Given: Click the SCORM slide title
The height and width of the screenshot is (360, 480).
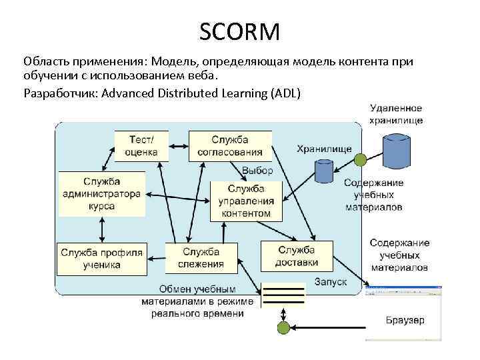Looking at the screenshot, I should [x=240, y=31].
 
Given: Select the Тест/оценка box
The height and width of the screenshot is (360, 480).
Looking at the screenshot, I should [x=141, y=145].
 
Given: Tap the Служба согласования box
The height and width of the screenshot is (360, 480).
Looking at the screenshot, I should [x=230, y=145].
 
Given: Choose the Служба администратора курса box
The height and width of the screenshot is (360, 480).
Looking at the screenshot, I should [x=101, y=194].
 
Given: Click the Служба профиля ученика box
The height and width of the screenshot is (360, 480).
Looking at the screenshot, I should [x=101, y=259].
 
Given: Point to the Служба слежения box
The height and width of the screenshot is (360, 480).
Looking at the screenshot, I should [x=201, y=257].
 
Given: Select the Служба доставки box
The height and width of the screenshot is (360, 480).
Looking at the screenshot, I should [x=296, y=256].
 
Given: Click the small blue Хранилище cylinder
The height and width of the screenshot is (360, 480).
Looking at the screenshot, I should [x=324, y=171].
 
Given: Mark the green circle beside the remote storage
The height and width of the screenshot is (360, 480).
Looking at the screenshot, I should [x=361, y=160].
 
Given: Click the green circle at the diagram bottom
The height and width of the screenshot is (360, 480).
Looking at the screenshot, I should [x=283, y=328].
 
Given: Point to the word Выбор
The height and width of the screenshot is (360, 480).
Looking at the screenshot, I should [x=257, y=171].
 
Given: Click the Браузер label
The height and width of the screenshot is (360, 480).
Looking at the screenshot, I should [x=405, y=320].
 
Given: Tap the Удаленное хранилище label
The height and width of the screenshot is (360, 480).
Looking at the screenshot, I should [x=396, y=115].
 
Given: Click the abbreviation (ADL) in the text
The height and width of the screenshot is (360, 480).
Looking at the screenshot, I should [x=286, y=92].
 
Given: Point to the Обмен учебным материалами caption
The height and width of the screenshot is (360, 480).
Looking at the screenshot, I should [x=197, y=301].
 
